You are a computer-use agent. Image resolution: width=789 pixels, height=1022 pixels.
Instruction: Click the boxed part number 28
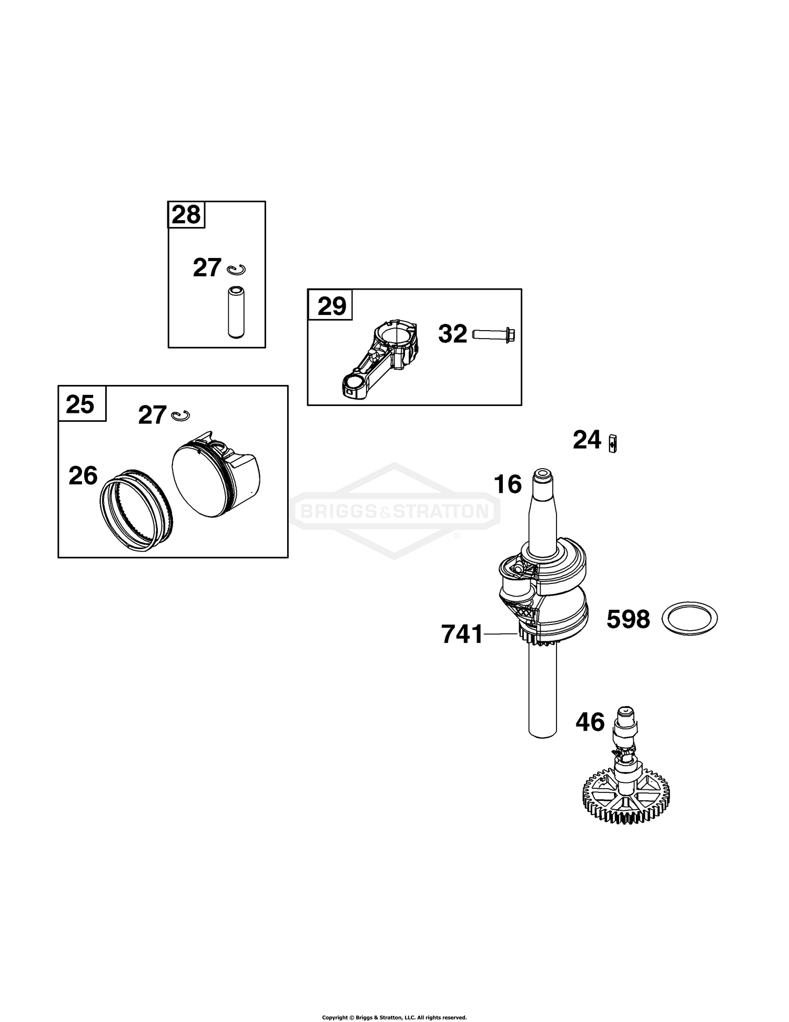186,215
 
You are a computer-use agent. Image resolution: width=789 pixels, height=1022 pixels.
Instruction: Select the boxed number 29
332,305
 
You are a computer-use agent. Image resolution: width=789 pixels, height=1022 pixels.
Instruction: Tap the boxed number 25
80,404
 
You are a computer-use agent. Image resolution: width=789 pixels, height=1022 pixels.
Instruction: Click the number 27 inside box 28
207,267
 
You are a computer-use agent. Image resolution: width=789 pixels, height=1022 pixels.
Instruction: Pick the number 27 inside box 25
152,415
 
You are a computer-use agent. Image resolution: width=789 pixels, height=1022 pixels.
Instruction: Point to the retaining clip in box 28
236,270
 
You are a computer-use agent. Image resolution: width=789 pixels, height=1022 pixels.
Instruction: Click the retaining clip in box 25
181,415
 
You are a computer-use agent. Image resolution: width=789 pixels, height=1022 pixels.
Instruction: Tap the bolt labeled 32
493,334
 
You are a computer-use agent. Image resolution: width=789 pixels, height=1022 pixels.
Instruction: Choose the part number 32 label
452,334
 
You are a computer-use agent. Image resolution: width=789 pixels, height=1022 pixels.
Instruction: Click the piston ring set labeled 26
136,509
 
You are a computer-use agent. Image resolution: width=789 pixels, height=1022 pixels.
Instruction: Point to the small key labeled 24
612,443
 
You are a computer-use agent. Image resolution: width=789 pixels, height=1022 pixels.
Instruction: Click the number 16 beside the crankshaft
508,484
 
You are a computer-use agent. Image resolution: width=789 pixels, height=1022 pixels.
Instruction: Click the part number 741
462,634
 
